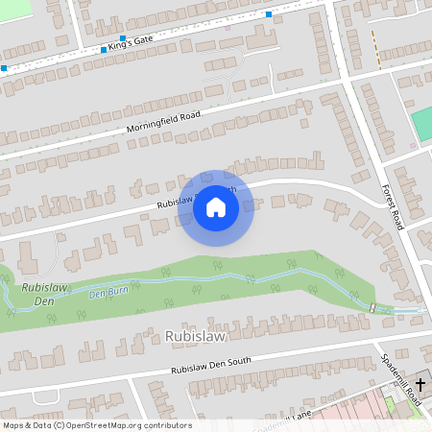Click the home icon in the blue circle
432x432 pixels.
pos(216,206)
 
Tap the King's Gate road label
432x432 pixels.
pos(131,44)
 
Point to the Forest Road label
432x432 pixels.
pos(391,206)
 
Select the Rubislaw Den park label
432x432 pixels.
pos(36,295)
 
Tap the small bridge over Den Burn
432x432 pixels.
pos(372,307)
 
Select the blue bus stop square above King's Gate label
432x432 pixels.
pos(123,38)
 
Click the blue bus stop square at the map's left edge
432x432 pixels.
pos(4,68)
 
